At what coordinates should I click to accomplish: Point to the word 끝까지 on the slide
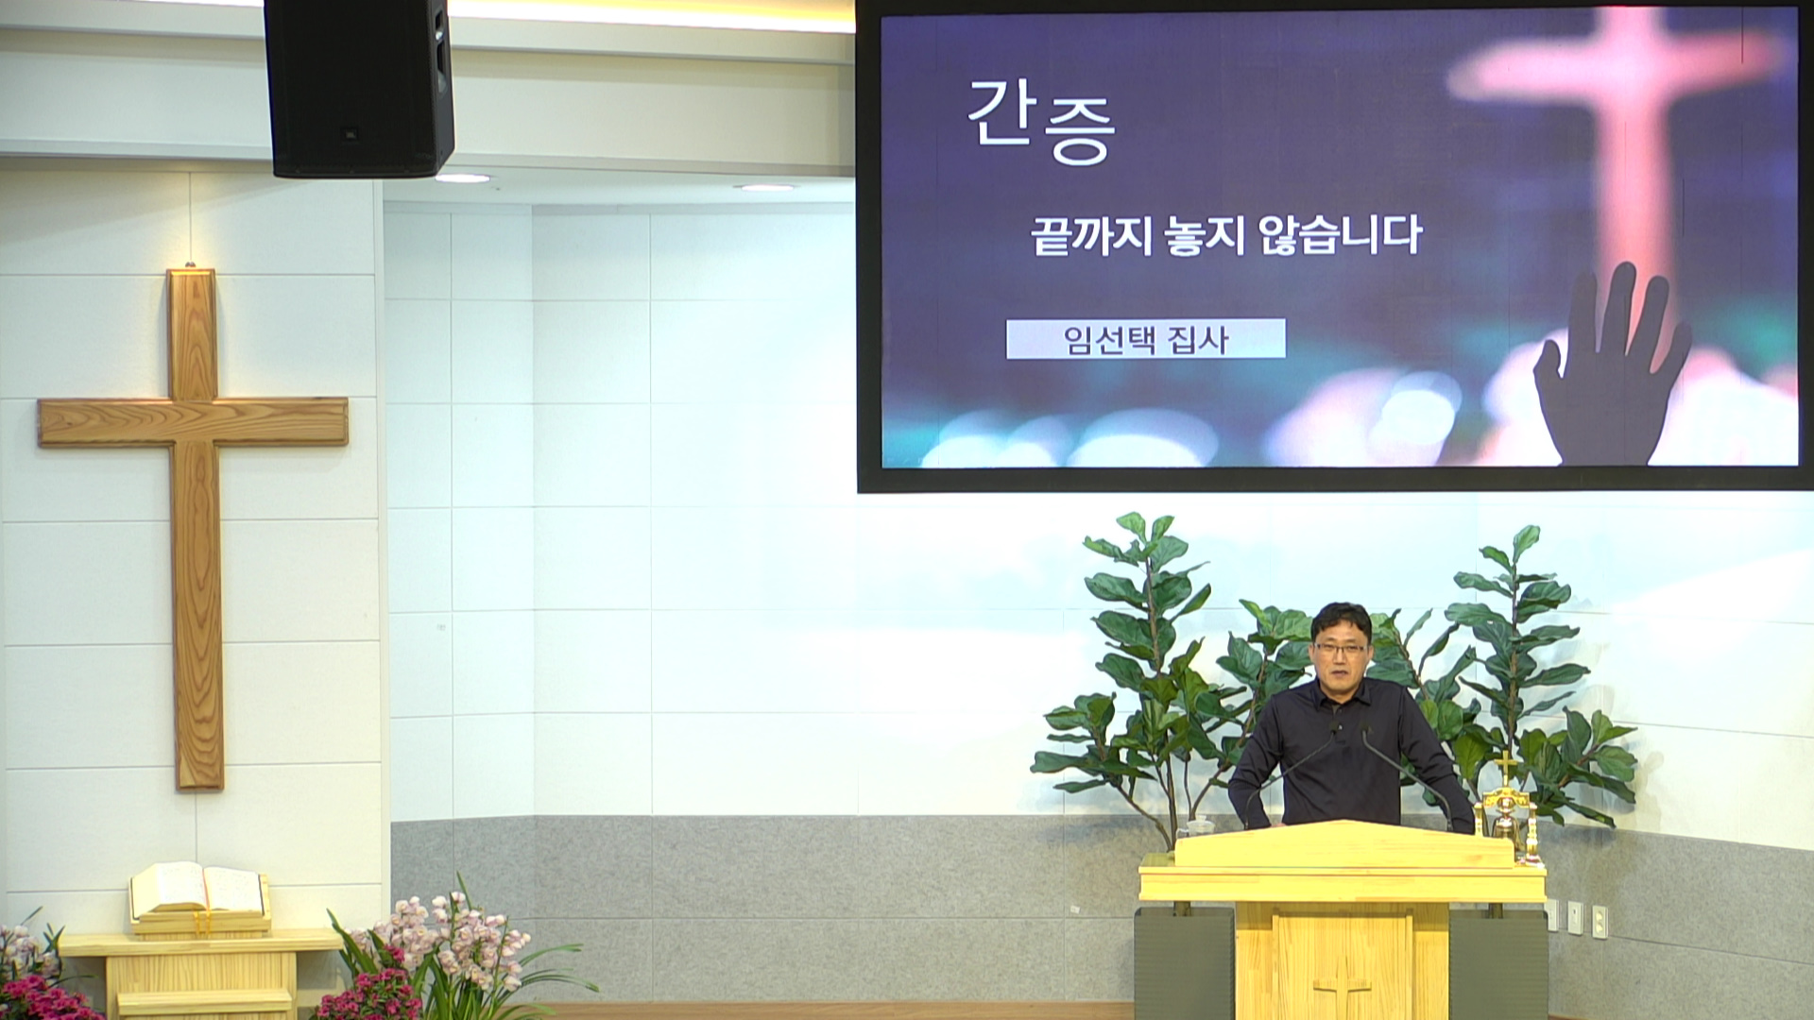(x=1093, y=236)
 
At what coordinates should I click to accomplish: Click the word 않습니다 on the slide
(x=1340, y=236)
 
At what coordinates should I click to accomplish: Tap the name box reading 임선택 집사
(x=1146, y=339)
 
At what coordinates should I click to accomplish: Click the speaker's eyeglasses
(x=1339, y=649)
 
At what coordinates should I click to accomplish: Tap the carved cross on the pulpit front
(x=1342, y=992)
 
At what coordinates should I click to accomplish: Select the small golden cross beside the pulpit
(x=1505, y=767)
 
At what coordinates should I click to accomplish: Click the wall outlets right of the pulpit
(x=1575, y=916)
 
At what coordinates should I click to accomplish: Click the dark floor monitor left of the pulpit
(x=1184, y=963)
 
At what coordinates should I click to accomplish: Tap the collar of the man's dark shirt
(x=1340, y=688)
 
